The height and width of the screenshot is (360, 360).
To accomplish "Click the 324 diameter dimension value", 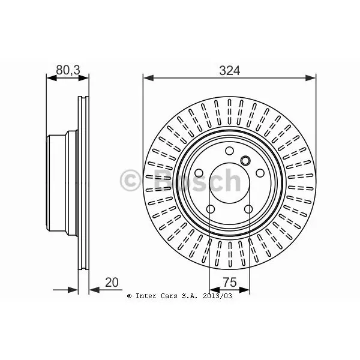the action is click(x=229, y=70).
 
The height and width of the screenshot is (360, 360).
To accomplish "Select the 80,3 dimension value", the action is click(x=68, y=70).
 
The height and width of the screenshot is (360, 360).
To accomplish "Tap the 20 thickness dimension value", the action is click(x=112, y=282).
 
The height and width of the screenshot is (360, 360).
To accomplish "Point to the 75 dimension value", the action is click(x=230, y=282).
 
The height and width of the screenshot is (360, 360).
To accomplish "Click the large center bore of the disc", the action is click(x=230, y=183).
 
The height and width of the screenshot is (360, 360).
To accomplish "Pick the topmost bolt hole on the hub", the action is click(x=229, y=151).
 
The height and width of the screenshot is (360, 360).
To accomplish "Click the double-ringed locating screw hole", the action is click(x=245, y=160).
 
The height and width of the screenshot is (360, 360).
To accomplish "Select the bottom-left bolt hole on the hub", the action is click(x=211, y=209).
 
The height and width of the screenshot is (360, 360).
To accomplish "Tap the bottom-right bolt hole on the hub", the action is click(x=248, y=209).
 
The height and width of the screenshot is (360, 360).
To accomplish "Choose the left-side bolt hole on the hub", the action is click(x=199, y=173).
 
